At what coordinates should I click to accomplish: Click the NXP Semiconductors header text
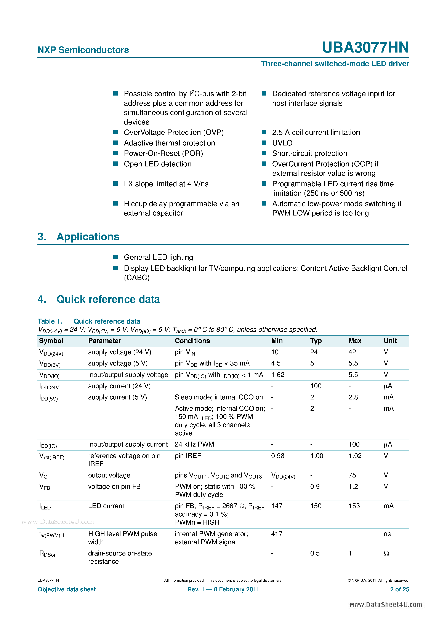coord(83,50)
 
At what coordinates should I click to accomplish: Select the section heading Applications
coord(88,237)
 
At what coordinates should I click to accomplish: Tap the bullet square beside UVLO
coord(264,143)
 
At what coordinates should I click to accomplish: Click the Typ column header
coord(316,341)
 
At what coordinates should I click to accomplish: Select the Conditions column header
coord(192,341)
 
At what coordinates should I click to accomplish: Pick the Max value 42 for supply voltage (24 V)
coord(352,352)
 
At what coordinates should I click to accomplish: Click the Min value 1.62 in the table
coord(278,375)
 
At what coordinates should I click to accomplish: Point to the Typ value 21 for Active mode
coord(314,409)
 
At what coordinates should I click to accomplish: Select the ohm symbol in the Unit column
coord(386,553)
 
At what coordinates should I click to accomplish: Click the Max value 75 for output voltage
coord(352,475)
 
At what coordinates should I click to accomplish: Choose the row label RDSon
coord(48,554)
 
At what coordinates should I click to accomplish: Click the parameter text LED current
coord(106,506)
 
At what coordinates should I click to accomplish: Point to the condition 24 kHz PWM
coord(194,444)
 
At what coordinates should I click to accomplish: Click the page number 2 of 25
coord(399,589)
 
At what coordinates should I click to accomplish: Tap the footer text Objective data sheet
coord(67,589)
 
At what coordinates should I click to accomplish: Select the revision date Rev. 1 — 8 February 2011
coord(223,589)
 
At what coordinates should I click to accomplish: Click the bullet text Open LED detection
coord(157,164)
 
